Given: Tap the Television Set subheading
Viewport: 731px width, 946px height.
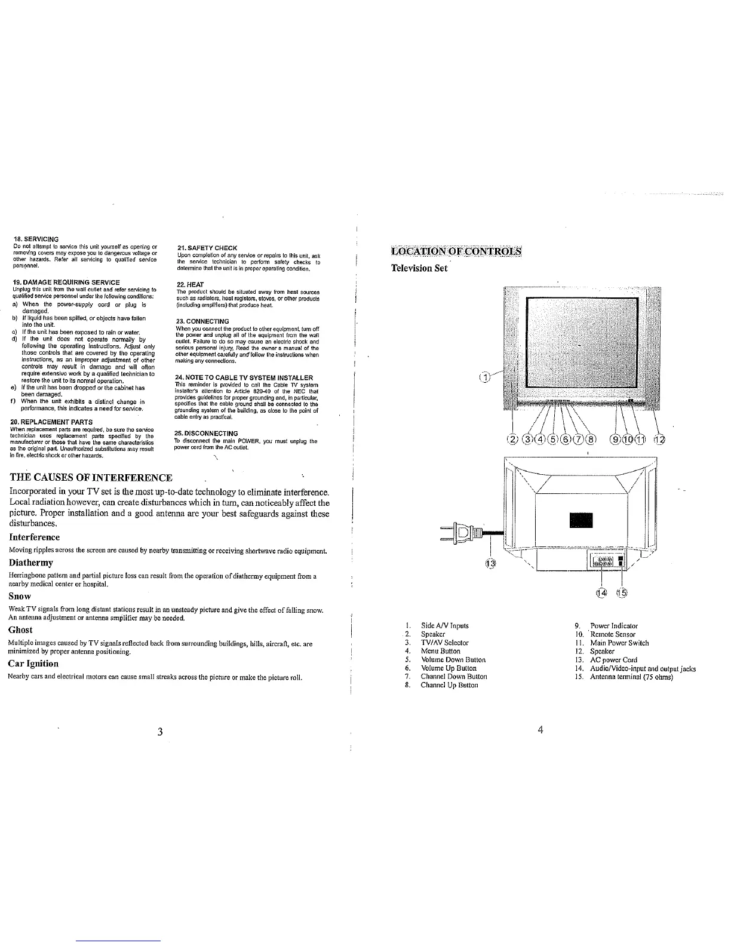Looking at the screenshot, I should click(419, 268).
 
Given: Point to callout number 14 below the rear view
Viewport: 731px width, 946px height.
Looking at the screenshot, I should click(601, 592).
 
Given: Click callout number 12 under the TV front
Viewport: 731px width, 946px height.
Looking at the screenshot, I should click(659, 441).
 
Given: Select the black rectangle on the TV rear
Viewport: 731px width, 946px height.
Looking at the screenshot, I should click(582, 520).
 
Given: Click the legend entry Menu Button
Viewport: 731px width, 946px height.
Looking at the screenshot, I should click(440, 651).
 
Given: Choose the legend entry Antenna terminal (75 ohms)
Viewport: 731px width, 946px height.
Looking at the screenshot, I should click(631, 677).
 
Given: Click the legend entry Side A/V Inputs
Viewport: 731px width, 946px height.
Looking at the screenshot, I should click(444, 626).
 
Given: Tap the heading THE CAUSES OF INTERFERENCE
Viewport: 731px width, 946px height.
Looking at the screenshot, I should click(91, 477).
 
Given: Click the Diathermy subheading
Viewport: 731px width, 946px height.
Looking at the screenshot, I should click(31, 563).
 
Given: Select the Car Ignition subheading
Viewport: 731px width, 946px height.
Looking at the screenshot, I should click(33, 664).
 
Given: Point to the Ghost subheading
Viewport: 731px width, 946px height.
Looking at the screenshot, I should click(21, 630).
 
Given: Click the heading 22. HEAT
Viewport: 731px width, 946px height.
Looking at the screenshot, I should click(191, 284).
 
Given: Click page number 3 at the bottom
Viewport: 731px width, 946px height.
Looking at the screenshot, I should click(161, 733).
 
